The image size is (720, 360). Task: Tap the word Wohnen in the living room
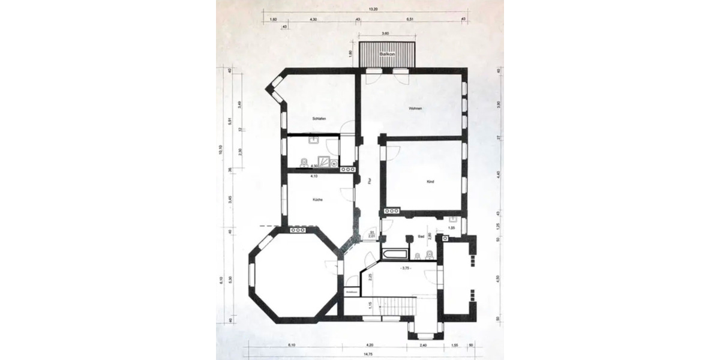click(x=415, y=109)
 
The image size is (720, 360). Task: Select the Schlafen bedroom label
click(x=319, y=119)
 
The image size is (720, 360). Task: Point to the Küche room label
click(x=318, y=200)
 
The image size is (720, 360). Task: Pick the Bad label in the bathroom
click(x=421, y=237)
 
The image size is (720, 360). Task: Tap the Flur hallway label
click(x=370, y=179)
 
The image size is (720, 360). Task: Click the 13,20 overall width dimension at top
click(x=373, y=9)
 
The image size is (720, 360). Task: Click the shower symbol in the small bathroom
click(x=324, y=162)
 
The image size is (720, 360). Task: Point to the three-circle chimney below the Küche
click(x=298, y=230)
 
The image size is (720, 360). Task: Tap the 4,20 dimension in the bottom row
click(x=370, y=345)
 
